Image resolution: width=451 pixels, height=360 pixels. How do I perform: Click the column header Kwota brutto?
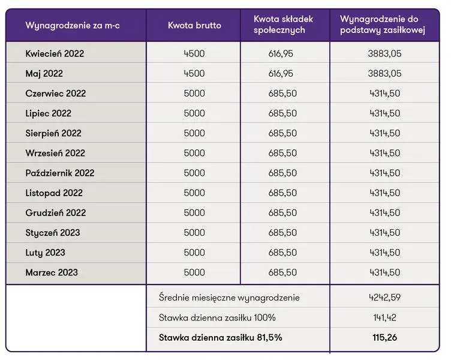tap(194, 25)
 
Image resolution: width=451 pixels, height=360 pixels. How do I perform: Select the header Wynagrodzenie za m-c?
tap(73, 25)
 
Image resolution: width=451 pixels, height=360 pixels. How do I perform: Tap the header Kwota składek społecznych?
tap(283, 25)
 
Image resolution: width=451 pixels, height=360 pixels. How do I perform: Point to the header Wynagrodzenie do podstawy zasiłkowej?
tap(383, 25)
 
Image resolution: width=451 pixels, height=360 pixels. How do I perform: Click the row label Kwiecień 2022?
tap(55, 53)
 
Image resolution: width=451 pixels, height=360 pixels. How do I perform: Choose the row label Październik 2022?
tap(60, 173)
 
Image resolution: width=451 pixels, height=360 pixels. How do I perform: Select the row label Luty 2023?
tap(45, 253)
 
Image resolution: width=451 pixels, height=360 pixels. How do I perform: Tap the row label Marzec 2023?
tap(52, 272)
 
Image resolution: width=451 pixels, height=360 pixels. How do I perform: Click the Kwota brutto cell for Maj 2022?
tap(194, 73)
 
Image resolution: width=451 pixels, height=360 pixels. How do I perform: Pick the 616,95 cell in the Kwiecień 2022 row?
tap(281, 53)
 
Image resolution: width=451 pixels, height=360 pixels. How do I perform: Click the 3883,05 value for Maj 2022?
tap(384, 73)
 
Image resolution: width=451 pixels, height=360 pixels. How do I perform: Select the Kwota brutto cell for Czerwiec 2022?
tap(194, 93)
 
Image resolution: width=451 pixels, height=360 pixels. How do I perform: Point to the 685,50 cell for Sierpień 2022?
tap(282, 133)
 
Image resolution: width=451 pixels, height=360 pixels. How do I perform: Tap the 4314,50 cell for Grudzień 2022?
tap(385, 212)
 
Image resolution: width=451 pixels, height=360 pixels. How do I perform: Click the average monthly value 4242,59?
tap(385, 297)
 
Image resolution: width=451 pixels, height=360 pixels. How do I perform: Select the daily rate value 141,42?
tap(385, 317)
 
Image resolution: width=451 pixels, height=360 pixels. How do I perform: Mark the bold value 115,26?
tap(385, 337)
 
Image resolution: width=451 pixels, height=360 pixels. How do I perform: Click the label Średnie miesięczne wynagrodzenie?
tap(229, 298)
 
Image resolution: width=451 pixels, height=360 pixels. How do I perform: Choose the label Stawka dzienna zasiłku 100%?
tap(217, 317)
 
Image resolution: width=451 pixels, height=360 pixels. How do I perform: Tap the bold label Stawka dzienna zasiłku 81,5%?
tap(220, 337)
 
